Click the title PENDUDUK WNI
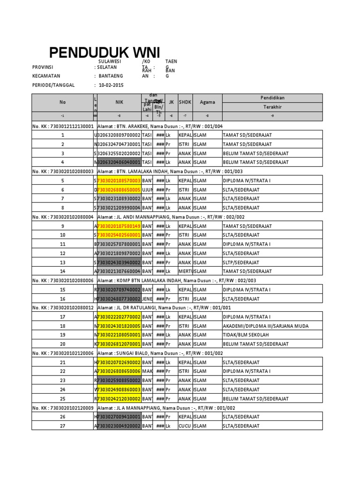coord(105,52)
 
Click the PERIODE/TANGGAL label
coord(54,85)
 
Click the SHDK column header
coord(185,102)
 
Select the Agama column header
coord(207,102)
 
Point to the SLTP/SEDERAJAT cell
coord(241,262)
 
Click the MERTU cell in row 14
coord(185,271)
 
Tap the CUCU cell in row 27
coord(184,426)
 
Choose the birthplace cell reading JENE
coord(147,299)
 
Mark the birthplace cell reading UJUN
coord(147,190)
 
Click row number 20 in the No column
coord(63,344)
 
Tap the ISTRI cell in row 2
coord(185,144)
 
